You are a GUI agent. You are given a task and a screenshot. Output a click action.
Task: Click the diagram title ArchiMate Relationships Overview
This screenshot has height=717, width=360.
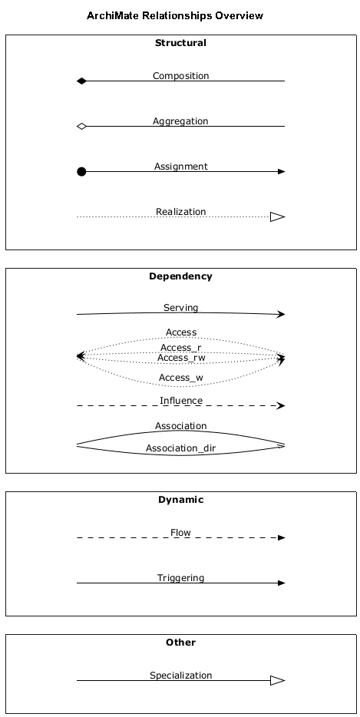175,16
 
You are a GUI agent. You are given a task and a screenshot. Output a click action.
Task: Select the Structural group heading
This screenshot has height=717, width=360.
180,43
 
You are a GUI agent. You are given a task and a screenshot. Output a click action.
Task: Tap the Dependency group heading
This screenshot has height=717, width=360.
180,276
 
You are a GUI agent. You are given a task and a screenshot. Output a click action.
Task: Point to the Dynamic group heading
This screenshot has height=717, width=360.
180,500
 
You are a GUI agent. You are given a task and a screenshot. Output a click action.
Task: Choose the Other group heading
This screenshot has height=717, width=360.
180,643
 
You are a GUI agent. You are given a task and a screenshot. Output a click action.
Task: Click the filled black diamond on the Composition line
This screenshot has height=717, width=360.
81,81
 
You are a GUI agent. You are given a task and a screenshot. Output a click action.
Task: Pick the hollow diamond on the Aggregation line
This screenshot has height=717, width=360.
81,126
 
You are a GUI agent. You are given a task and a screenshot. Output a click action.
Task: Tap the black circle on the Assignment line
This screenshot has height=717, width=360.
81,171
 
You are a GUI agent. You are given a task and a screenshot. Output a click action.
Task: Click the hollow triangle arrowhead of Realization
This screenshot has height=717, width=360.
277,216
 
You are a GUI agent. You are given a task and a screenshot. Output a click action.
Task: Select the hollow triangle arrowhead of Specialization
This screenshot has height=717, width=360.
277,680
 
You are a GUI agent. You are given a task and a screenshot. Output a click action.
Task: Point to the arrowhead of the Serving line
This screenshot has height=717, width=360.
281,314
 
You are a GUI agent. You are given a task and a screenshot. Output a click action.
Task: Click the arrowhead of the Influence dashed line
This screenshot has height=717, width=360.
281,405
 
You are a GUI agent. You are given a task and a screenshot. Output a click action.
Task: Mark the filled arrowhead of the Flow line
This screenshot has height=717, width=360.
281,537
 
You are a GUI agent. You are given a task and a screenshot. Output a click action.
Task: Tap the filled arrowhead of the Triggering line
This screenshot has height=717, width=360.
281,583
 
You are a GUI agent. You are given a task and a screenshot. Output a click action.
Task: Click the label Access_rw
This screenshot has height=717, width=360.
181,358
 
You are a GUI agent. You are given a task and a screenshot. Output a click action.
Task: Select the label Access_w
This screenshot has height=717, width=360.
180,378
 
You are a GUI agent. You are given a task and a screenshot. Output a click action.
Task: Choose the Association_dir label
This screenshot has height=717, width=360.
180,448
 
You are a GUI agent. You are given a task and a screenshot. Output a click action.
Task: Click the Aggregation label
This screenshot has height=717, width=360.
180,121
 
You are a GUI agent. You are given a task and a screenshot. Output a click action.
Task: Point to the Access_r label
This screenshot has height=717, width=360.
180,348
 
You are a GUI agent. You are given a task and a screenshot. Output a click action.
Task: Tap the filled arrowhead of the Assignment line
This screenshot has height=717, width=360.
281,171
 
